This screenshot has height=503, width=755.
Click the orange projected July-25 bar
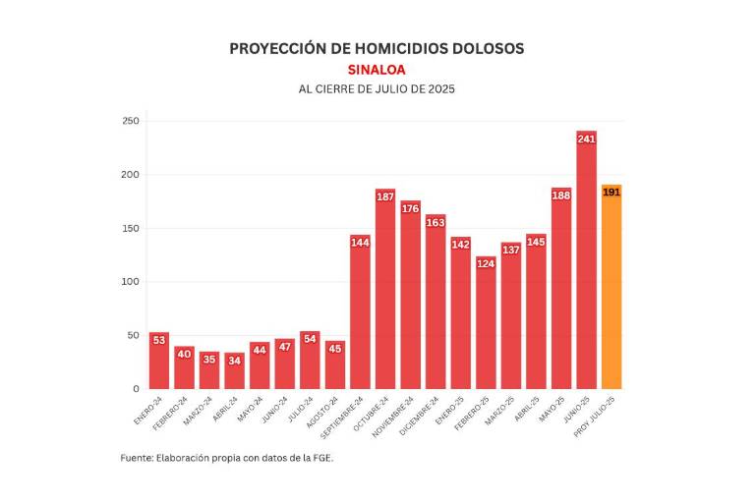(x=611, y=287)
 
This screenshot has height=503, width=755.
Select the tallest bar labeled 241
(x=587, y=260)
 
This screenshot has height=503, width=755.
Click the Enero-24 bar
(x=159, y=361)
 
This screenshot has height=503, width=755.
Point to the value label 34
(x=234, y=360)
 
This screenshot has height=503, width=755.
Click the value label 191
(x=611, y=193)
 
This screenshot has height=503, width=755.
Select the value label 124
(x=486, y=263)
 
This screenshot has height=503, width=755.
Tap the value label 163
(x=436, y=222)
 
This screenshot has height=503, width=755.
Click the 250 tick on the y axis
(x=131, y=122)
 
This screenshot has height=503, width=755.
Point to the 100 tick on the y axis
(x=131, y=282)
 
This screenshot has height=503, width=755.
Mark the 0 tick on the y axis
(x=136, y=389)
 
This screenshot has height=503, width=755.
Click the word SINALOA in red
(x=377, y=70)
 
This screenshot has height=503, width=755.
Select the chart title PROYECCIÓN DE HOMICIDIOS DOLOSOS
(x=377, y=48)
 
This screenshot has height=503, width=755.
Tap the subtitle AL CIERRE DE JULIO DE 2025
(x=377, y=89)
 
